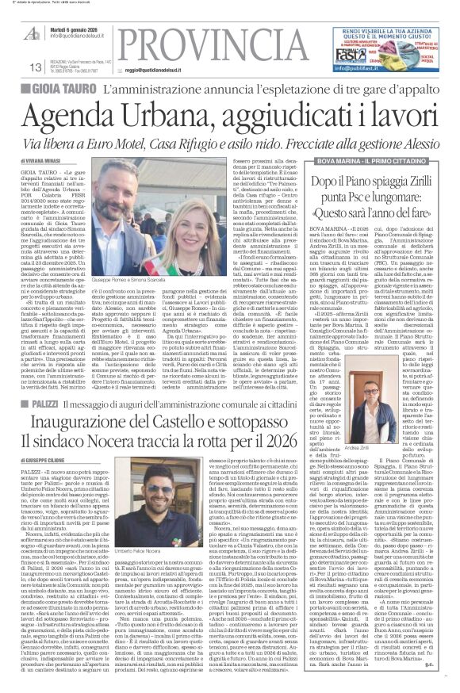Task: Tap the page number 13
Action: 34,67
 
